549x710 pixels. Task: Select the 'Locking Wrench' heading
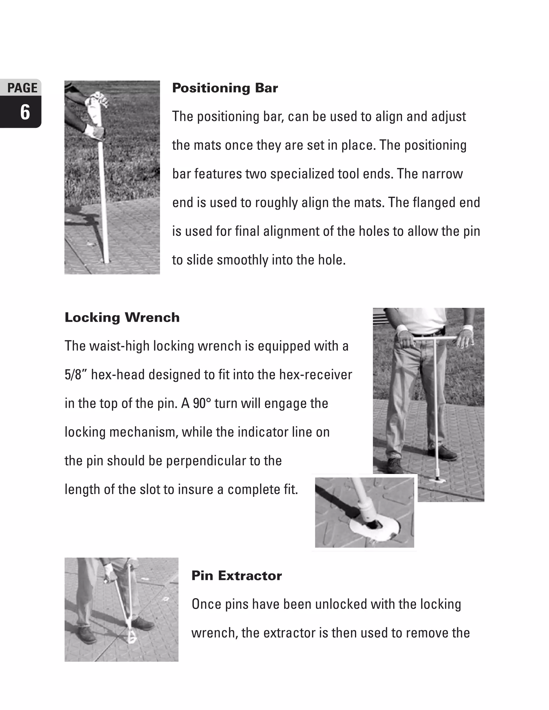point(122,317)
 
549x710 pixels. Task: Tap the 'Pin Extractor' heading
point(236,576)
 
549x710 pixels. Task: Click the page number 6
point(25,113)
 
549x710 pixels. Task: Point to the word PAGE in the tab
point(22,88)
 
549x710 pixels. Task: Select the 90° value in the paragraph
point(202,403)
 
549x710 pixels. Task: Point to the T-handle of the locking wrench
point(436,338)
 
